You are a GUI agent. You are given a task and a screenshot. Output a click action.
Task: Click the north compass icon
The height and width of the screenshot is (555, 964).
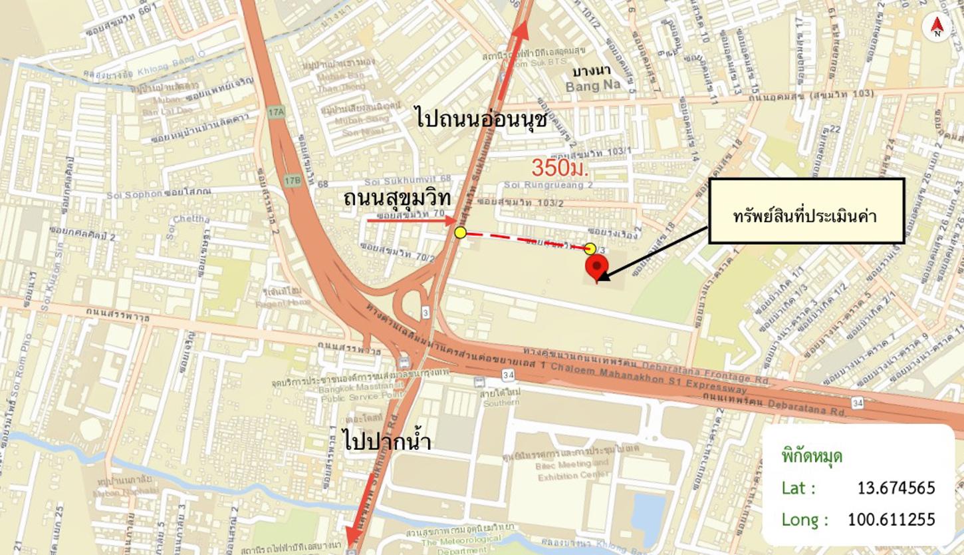point(937,27)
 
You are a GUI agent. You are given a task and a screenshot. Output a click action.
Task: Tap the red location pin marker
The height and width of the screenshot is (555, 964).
point(596,268)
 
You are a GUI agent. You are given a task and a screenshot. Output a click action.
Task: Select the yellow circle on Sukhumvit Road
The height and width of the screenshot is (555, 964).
point(460,232)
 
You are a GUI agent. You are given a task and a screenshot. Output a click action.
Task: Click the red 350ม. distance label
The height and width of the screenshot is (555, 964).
point(560,168)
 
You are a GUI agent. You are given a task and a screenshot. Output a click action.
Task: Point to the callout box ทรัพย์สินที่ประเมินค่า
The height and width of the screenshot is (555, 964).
point(806,210)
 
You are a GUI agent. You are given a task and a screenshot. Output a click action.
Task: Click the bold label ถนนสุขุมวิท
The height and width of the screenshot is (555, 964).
point(397,198)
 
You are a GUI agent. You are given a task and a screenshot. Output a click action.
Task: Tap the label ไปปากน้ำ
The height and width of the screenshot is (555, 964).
point(388,441)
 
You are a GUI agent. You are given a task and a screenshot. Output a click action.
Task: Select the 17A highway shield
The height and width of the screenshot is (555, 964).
point(276,112)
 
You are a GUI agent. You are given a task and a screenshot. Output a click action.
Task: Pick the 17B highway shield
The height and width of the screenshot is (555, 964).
point(292,180)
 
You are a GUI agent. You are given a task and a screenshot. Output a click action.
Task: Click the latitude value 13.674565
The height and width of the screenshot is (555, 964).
point(896,488)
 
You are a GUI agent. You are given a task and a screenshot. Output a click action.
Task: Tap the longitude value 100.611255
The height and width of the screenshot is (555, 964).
point(891,519)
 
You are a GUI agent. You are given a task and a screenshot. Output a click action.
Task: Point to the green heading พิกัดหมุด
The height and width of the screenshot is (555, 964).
point(812,457)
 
